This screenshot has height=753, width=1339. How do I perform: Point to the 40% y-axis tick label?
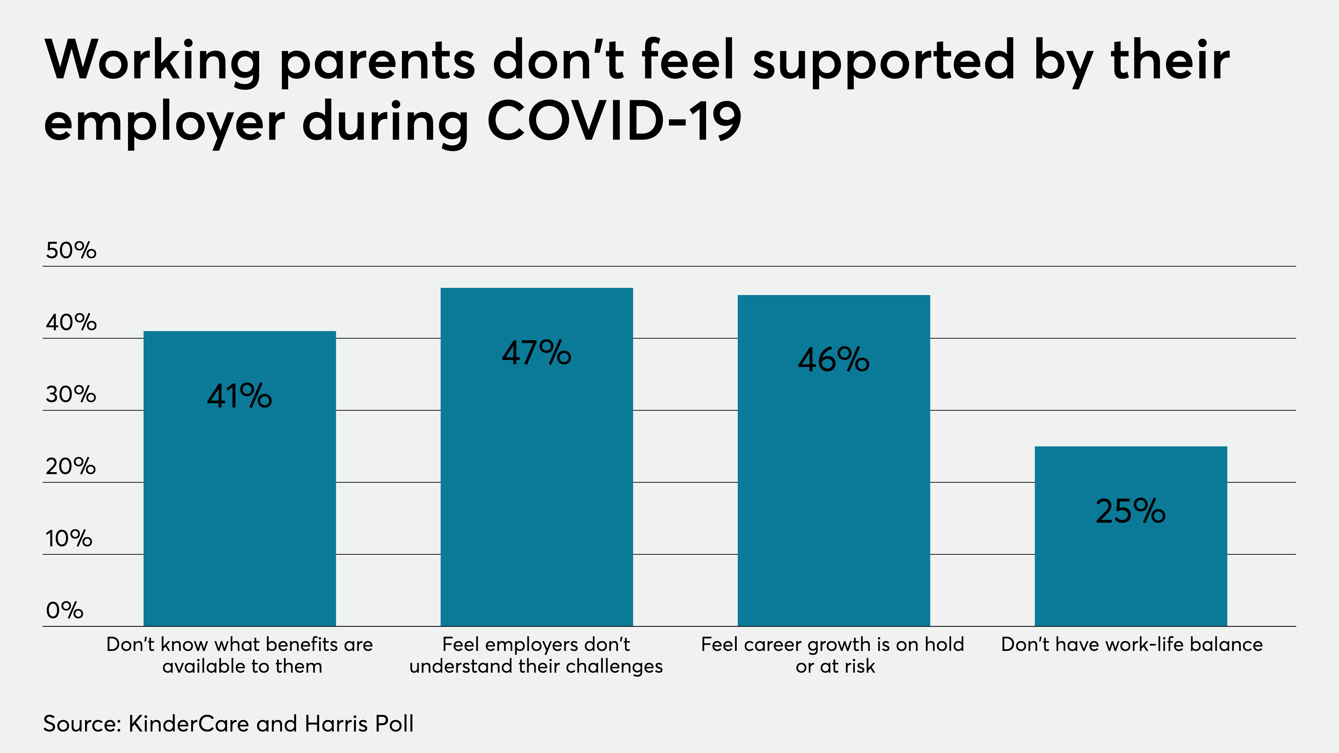point(71,323)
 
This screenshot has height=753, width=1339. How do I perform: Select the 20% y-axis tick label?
point(71,467)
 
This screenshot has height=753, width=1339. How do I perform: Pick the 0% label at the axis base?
point(64,610)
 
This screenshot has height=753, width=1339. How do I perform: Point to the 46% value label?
point(833,360)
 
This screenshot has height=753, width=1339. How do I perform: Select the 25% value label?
point(1131,511)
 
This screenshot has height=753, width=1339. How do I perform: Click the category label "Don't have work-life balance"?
point(1132,645)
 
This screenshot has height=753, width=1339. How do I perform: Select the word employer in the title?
point(164,125)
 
